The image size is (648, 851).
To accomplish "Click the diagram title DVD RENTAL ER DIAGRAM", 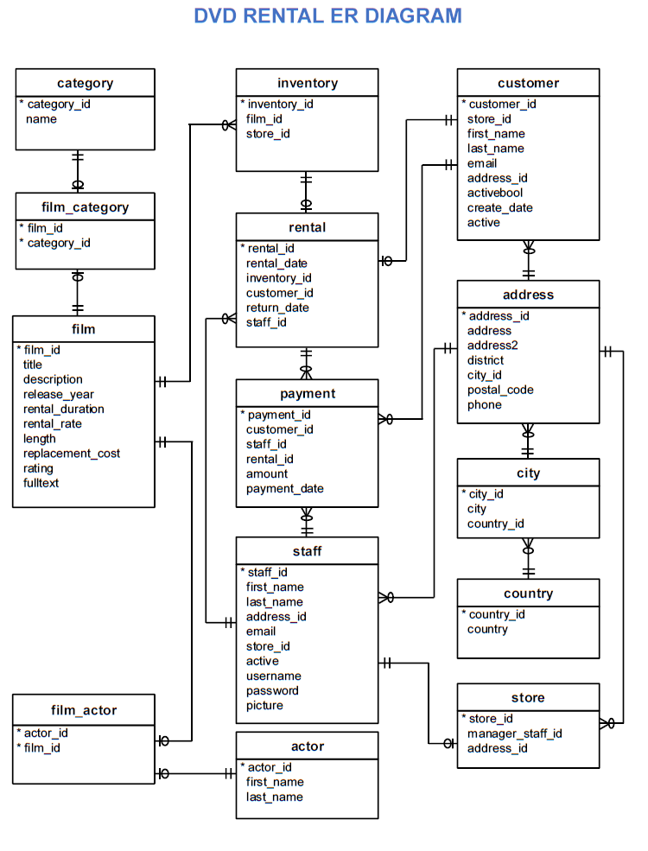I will click(327, 16).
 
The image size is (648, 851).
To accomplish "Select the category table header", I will click(85, 83).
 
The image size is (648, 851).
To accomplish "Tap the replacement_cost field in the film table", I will click(72, 454).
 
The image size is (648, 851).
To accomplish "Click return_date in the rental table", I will click(277, 308).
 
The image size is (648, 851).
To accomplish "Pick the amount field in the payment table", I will click(267, 473).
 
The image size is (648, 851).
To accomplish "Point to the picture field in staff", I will click(264, 705).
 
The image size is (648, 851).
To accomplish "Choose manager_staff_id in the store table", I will click(515, 734).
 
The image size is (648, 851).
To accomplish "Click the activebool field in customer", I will click(495, 193).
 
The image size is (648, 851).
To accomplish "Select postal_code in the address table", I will click(500, 390).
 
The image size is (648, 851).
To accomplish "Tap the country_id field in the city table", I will click(495, 524).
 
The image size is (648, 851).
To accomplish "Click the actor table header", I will click(307, 746).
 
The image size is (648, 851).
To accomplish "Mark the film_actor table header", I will click(84, 710).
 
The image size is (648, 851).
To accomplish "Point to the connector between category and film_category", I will click(78, 171).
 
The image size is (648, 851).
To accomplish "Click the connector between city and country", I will click(529, 559).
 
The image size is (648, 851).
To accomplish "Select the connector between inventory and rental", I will click(306, 192).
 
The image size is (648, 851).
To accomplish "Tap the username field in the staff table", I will click(273, 676).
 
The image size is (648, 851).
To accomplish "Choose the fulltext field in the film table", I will click(41, 483).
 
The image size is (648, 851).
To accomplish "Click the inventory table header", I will click(307, 83).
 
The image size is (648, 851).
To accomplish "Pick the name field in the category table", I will click(41, 119).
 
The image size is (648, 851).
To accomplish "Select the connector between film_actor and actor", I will click(195, 773).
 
